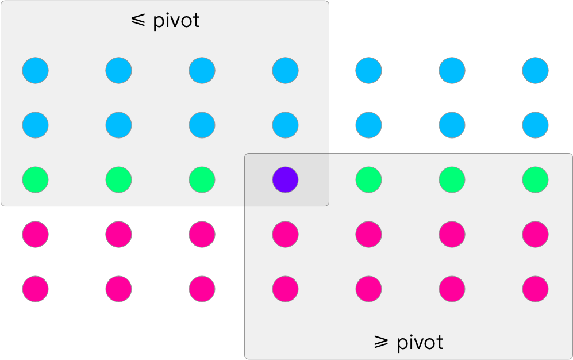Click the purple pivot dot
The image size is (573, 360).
click(285, 180)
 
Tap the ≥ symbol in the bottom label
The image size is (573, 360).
click(381, 343)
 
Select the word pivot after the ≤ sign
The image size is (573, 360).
click(176, 21)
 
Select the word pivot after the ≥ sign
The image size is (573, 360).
click(420, 343)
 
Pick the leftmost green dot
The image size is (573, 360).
click(36, 180)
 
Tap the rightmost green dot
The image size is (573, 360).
click(535, 180)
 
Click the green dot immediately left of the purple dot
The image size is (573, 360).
click(202, 180)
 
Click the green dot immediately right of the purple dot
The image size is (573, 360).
click(368, 180)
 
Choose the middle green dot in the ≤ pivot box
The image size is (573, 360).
click(118, 180)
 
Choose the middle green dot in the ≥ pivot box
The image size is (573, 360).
click(452, 180)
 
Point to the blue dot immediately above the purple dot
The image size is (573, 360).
click(285, 125)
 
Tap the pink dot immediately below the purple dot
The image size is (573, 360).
click(285, 234)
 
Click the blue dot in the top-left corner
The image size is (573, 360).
click(36, 71)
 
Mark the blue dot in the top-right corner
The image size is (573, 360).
click(535, 71)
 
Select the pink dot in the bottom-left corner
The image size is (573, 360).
click(36, 289)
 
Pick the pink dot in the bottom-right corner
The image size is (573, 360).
click(535, 289)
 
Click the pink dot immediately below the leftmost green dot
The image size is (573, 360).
click(36, 234)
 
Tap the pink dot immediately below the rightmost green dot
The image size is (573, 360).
click(535, 234)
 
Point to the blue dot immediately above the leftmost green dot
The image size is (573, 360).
click(36, 125)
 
